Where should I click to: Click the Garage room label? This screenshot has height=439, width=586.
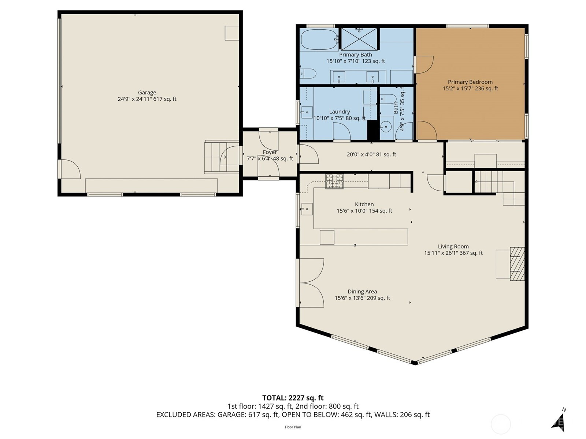pos(147,93)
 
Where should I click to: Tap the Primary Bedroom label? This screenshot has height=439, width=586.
pos(470,82)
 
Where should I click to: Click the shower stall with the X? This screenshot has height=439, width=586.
pos(359,39)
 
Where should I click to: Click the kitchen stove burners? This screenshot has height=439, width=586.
pos(334,181)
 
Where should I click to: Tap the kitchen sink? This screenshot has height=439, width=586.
pos(307,209)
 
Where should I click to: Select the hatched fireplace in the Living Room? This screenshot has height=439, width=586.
pos(517,264)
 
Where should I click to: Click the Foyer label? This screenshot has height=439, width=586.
pos(270,152)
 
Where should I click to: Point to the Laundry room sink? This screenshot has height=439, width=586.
pos(307,112)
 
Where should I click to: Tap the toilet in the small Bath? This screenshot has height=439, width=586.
pos(388,99)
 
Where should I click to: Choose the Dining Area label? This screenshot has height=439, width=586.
pos(362,292)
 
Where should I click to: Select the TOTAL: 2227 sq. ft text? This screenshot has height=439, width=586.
pos(293,398)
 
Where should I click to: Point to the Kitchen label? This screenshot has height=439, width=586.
pos(364,204)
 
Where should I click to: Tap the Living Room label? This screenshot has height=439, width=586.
pos(453,247)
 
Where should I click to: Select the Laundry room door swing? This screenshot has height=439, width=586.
pos(342,131)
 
